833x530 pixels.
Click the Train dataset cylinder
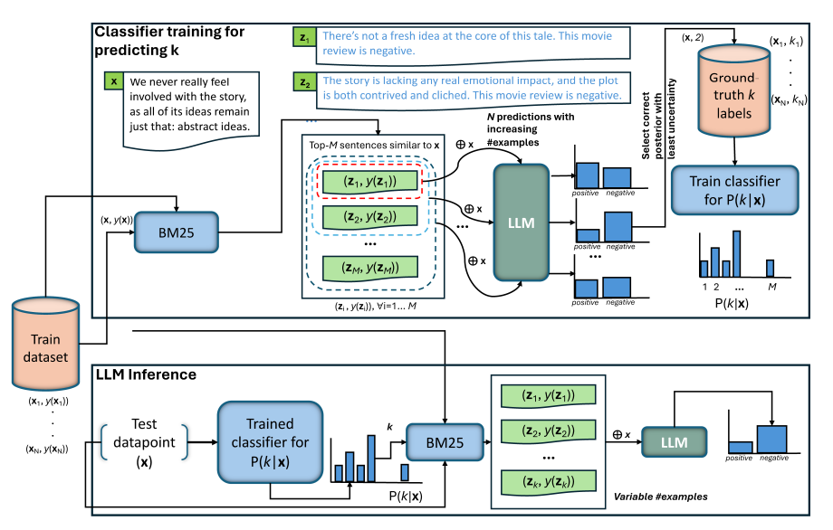click(x=45, y=344)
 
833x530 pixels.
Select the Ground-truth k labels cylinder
click(x=733, y=90)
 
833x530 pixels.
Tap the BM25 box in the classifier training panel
click(x=176, y=232)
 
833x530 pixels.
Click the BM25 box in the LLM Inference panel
click(x=445, y=442)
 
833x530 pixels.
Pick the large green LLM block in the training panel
click(x=522, y=222)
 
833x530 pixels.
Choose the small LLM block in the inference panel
click(x=675, y=442)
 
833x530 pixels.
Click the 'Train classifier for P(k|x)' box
click(x=734, y=191)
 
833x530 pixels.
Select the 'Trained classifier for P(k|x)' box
click(x=270, y=442)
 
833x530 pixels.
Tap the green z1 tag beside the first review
click(x=304, y=37)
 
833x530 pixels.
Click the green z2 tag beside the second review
click(x=304, y=82)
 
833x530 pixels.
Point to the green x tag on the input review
click(x=114, y=81)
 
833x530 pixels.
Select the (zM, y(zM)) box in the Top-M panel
click(x=370, y=268)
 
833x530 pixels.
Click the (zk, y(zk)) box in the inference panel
click(x=549, y=482)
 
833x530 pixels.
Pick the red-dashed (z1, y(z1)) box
click(x=370, y=182)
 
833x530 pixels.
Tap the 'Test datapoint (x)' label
click(x=144, y=442)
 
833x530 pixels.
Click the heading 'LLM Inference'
click(x=146, y=374)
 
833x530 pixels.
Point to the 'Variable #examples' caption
click(x=660, y=497)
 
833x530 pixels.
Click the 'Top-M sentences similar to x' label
click(x=374, y=145)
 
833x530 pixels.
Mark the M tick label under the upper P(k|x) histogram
click(x=772, y=287)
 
